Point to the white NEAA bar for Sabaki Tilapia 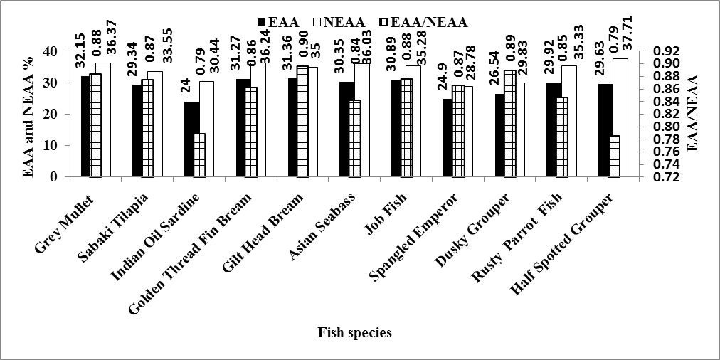tap(155, 125)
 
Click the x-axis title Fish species tap(354, 332)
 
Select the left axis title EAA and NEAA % tap(28, 114)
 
